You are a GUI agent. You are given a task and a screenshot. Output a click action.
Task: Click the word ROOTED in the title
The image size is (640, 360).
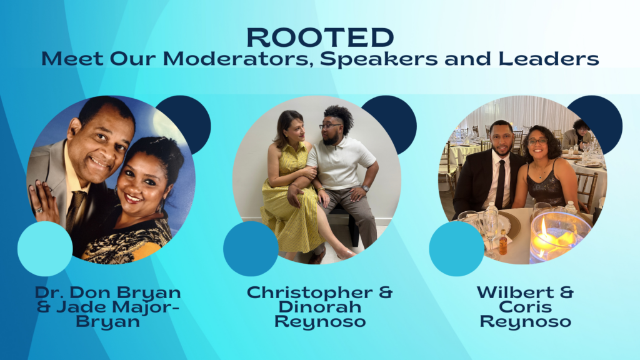click(x=320, y=37)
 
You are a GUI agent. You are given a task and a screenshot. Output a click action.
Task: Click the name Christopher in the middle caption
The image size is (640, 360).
click(x=310, y=293)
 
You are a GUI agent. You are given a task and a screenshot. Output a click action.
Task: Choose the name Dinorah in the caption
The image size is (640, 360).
click(x=320, y=307)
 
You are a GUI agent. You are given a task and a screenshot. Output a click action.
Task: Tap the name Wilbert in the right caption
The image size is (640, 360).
click(x=515, y=292)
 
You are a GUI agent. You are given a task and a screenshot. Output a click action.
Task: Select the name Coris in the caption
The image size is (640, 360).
click(x=525, y=307)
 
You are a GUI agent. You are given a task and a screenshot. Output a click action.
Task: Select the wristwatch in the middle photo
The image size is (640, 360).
click(x=365, y=188)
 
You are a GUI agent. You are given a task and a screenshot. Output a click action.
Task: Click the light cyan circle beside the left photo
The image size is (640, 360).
click(x=45, y=249)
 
